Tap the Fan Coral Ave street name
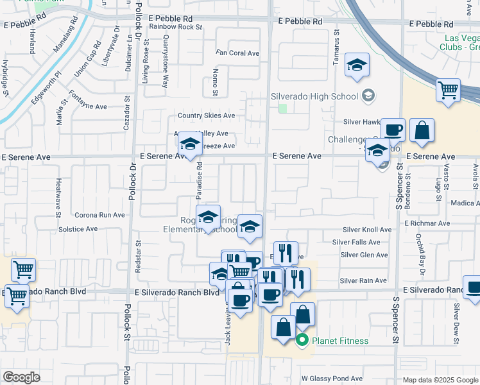coord(237,53)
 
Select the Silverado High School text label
coord(314,96)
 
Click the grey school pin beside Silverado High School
coord(368,96)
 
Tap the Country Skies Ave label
coord(207,116)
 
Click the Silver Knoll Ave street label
coord(366,230)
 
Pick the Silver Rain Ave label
coord(363,280)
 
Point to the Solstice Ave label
coord(78,228)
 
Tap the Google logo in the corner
coord(21,377)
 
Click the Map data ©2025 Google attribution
coord(440,380)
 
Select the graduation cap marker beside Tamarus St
coord(357,65)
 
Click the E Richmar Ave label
coord(427,223)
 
